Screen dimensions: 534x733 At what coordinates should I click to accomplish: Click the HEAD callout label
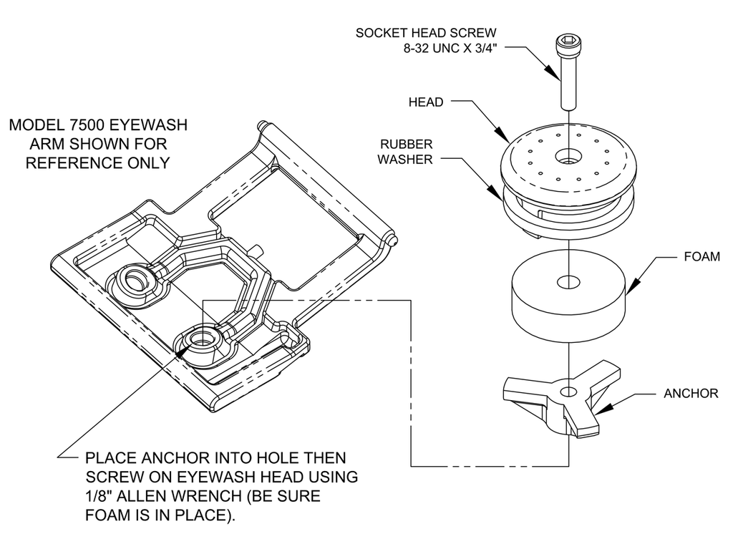[425, 102]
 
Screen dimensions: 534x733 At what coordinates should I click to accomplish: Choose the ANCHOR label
[690, 393]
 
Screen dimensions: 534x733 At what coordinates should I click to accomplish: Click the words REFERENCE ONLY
[97, 162]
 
